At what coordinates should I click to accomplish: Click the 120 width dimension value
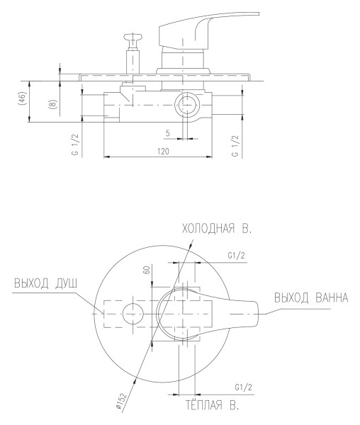point(163,152)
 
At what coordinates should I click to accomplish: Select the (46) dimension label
point(23,98)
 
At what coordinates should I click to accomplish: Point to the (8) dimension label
point(53,104)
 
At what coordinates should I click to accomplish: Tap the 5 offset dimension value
point(168,133)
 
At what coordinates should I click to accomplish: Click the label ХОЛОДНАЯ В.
point(217,229)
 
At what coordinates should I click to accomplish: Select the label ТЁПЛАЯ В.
point(213,405)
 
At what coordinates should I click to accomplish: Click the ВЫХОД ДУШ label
point(46,283)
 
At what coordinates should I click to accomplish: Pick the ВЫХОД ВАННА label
point(311,297)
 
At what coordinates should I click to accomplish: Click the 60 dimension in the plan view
point(147,270)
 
